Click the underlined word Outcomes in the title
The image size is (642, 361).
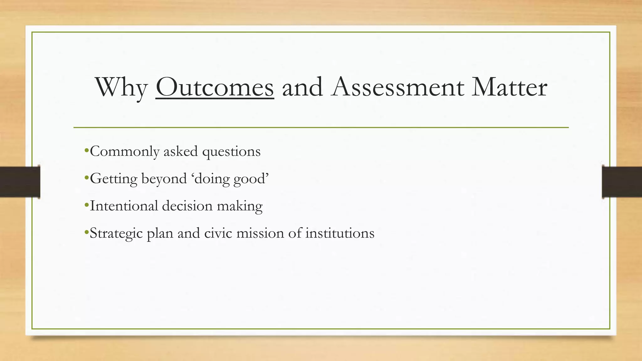tap(215, 87)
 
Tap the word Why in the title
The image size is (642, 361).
tap(122, 88)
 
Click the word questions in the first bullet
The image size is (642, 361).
tap(231, 152)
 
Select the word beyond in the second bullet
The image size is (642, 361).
tap(164, 179)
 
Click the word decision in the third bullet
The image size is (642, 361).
tap(187, 206)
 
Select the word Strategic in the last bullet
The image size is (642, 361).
tap(116, 233)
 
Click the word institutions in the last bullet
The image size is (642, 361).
tap(340, 233)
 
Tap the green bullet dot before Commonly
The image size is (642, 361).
tap(87, 150)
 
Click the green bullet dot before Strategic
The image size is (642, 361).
tap(87, 232)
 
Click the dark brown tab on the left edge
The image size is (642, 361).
tap(20, 182)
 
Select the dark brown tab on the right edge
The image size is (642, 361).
tap(622, 182)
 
